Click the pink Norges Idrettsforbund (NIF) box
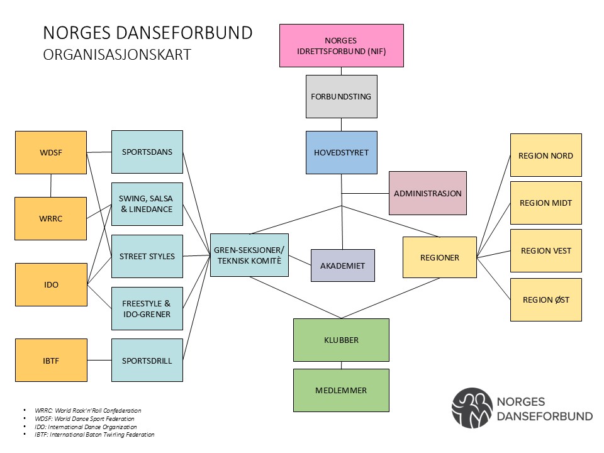tap(341, 45)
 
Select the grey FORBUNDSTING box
tap(341, 97)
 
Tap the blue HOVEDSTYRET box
tap(341, 152)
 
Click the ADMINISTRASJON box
tap(428, 193)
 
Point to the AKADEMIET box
tap(342, 265)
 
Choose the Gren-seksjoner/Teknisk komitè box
tap(249, 254)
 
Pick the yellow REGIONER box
tap(439, 257)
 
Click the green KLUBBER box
tap(341, 340)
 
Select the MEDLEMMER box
tap(341, 390)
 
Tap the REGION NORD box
tap(545, 155)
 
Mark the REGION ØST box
tap(545, 299)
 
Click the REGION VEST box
tap(545, 250)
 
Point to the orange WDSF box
tap(51, 152)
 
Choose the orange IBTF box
tap(51, 361)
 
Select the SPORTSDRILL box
tap(147, 361)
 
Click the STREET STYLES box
tap(147, 256)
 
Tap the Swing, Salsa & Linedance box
tap(147, 204)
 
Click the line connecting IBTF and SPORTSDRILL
tap(99, 361)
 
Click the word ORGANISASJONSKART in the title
tap(117, 55)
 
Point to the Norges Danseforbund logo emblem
tap(471, 408)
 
